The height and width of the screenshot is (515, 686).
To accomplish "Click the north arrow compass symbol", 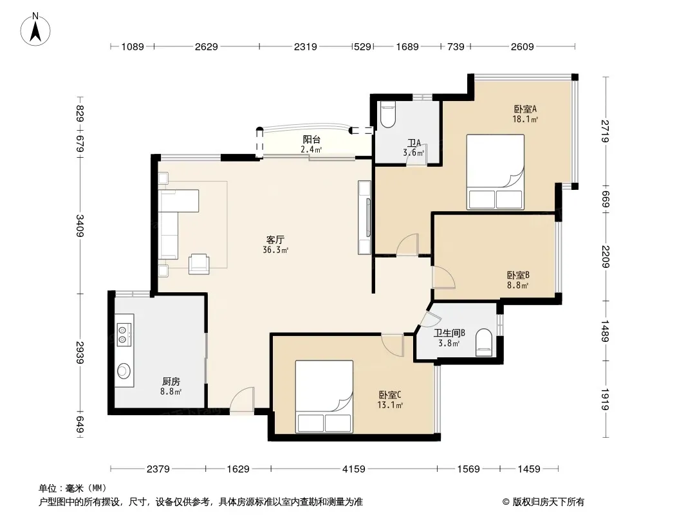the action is click(x=35, y=30).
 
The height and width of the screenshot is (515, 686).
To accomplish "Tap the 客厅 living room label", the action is click(x=275, y=239).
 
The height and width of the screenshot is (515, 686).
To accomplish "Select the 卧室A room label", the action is click(x=525, y=109).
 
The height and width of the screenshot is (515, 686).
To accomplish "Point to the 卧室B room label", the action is click(x=519, y=276).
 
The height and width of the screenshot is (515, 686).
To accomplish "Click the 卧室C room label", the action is click(x=390, y=395).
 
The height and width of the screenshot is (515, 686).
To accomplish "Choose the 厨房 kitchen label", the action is click(x=171, y=382).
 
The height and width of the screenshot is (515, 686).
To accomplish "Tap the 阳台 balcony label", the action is click(x=311, y=140).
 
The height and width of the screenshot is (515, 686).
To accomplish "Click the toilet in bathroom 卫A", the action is click(x=387, y=114).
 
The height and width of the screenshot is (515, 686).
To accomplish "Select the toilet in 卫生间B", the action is click(x=483, y=342).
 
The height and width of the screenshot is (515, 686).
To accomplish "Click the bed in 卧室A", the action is click(x=496, y=172).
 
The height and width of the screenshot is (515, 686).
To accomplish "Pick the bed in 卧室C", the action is click(x=324, y=397).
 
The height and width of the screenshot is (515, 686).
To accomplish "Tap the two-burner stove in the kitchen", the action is click(x=124, y=334).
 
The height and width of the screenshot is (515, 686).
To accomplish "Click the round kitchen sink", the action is click(x=124, y=371).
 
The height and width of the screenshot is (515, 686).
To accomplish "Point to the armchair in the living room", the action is click(x=199, y=265).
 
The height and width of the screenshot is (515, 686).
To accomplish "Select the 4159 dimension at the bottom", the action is click(x=353, y=469).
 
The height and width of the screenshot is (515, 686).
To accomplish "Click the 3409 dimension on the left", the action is click(x=80, y=225).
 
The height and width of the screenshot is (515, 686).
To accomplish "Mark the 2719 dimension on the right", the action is click(x=605, y=131).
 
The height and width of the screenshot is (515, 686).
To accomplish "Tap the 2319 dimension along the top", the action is click(x=306, y=46).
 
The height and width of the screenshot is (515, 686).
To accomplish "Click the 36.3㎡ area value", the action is click(x=275, y=250).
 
